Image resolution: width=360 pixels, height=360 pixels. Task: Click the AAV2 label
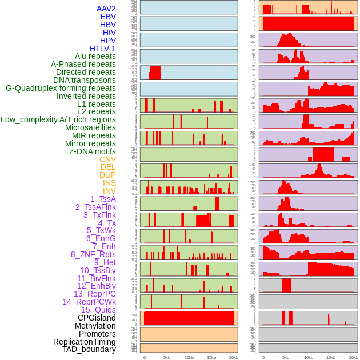106,9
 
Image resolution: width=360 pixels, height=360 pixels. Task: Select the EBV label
108,17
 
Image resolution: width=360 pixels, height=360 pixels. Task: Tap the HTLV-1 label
103,49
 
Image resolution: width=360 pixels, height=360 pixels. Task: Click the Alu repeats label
95,56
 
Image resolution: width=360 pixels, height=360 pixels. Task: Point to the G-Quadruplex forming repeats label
61,88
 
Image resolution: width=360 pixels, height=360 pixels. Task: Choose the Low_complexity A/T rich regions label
58,119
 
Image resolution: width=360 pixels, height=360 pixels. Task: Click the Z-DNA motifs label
93,151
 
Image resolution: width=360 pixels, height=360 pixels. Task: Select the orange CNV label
107,159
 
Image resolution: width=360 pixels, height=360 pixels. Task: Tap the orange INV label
109,191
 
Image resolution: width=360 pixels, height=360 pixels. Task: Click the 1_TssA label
103,199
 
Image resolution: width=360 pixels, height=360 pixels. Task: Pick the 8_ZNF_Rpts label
93,254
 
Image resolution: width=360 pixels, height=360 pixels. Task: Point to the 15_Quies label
98,310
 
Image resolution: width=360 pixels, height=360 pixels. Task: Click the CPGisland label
97,318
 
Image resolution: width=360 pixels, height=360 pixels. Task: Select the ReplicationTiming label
85,342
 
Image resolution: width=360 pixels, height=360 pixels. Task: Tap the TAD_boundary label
89,349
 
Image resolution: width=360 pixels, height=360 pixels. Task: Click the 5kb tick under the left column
167,357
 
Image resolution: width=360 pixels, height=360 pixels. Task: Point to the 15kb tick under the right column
330,357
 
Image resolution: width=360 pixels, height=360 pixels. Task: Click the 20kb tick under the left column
234,357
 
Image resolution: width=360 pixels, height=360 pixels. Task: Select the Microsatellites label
90,127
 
